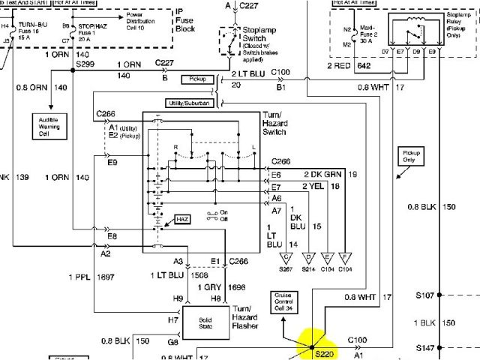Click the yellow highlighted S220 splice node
312,346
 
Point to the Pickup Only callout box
408,157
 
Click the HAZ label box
183,218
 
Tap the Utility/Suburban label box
190,103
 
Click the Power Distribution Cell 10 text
145,19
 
